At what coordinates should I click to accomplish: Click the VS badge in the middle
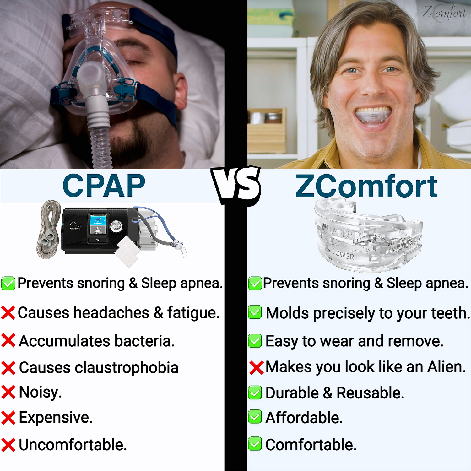click(236, 185)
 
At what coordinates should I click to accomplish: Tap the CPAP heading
click(104, 186)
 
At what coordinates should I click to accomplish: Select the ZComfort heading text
click(366, 187)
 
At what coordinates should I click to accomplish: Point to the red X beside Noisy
click(8, 392)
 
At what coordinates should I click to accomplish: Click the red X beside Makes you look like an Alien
click(256, 368)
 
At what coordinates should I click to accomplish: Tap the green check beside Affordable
click(255, 417)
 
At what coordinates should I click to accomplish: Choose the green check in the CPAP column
click(8, 283)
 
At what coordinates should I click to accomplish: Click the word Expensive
click(56, 418)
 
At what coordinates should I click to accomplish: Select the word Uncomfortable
click(73, 445)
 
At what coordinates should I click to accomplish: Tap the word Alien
click(447, 367)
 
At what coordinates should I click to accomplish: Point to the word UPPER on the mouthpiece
click(341, 233)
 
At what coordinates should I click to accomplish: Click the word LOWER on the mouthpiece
click(343, 255)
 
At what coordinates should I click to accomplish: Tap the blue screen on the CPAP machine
click(98, 220)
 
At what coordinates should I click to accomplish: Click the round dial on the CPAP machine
click(116, 226)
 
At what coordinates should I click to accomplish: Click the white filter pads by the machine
click(127, 251)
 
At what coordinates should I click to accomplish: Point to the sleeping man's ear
click(181, 91)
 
